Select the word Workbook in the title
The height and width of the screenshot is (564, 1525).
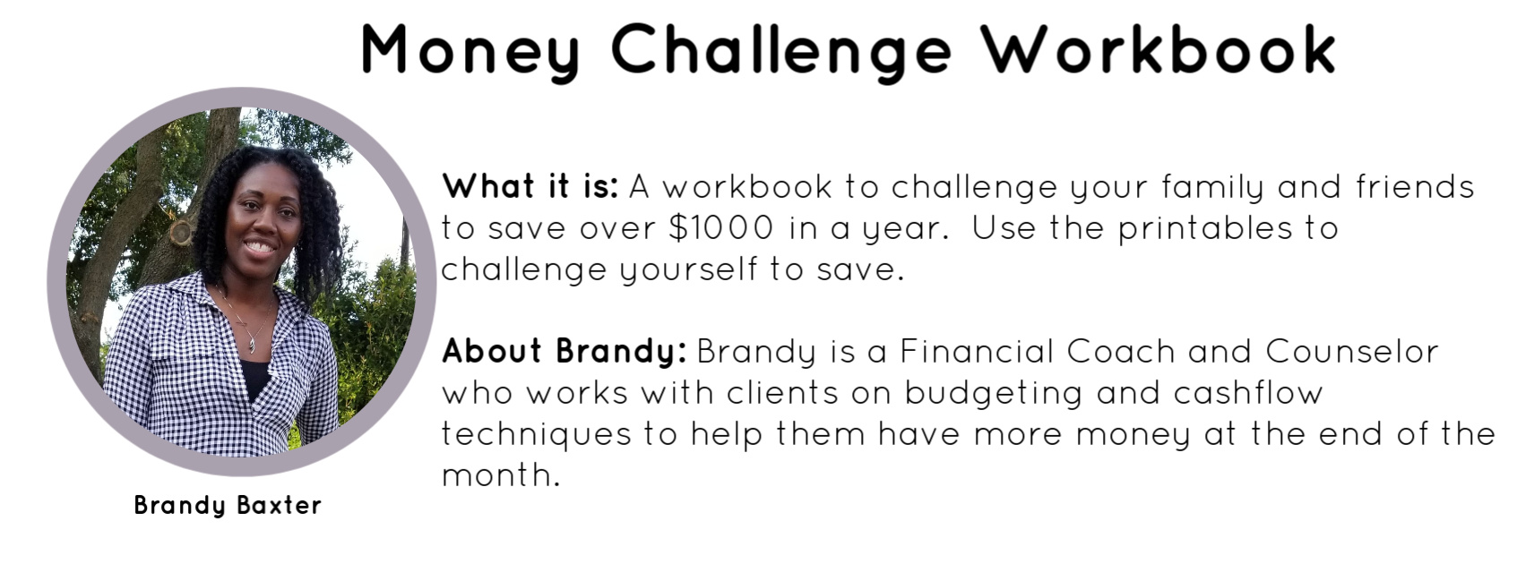pos(1159,49)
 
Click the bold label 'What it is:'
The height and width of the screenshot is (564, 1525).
pos(530,186)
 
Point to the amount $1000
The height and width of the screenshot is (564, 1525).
pos(721,227)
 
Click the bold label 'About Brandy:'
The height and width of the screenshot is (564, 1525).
pos(564,351)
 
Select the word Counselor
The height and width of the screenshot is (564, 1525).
pos(1351,351)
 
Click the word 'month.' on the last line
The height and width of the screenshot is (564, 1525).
pos(500,474)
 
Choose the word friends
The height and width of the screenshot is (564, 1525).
pos(1415,186)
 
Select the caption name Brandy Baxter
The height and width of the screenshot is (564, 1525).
pos(228,506)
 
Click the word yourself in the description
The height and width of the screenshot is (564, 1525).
pos(687,270)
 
